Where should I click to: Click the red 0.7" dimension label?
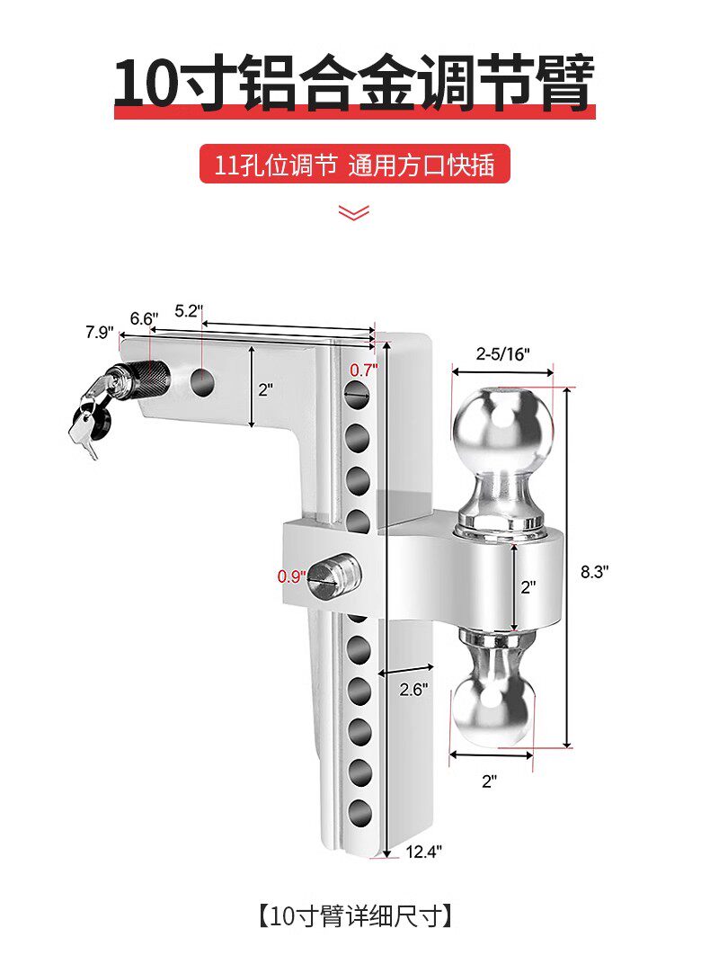point(362,370)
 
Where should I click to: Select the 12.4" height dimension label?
point(423,851)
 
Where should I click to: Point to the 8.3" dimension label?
point(595,571)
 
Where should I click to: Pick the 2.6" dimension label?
point(413,689)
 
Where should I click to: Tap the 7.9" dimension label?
point(100,332)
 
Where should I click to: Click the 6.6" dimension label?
point(144,318)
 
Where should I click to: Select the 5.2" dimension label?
point(189,310)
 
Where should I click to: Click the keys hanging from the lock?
point(87,421)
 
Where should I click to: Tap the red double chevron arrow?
point(354,212)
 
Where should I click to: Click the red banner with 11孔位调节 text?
point(354,165)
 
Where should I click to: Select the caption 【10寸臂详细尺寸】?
point(354,916)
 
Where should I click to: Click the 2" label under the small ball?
point(489,781)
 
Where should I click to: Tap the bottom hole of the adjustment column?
point(359,813)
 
